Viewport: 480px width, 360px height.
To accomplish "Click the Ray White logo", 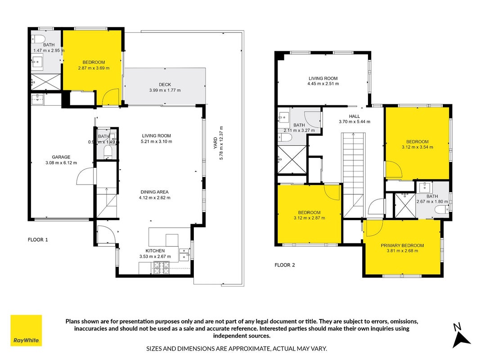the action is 26,330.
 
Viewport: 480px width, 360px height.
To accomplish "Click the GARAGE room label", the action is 61,157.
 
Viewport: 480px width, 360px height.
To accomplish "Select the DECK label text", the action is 165,85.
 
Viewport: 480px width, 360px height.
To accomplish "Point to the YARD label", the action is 215,143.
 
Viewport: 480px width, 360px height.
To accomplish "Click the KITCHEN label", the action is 155,251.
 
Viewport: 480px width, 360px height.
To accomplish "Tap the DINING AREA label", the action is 154,192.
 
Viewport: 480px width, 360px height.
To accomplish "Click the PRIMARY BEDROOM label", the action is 402,246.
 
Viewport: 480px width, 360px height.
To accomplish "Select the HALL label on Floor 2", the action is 354,117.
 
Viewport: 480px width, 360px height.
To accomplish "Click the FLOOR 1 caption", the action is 38,240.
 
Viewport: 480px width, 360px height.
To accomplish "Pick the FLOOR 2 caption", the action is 285,265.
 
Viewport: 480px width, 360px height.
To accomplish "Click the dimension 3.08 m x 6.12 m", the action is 61,163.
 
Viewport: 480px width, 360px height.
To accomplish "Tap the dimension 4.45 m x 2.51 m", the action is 323,84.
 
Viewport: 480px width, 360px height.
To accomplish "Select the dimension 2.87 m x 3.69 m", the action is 94,68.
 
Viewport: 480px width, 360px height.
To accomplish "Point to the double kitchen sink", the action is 184,255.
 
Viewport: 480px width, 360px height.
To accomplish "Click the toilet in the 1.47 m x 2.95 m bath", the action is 38,39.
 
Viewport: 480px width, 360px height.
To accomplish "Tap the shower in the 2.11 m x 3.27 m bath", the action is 292,159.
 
